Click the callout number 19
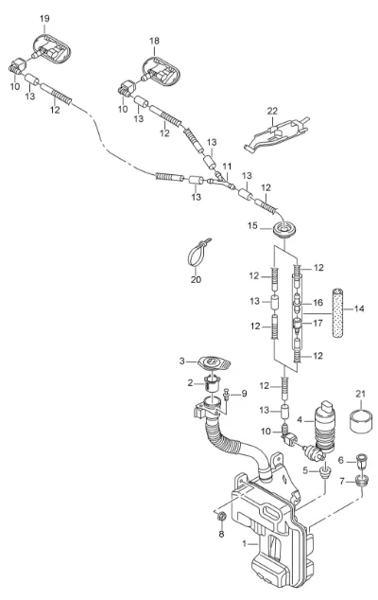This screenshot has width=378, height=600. tap(44, 18)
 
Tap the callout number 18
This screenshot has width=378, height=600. tap(154, 41)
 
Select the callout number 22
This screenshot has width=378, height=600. tap(272, 111)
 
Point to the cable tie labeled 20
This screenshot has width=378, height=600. tap(199, 253)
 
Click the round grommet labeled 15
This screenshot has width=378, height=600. tap(284, 230)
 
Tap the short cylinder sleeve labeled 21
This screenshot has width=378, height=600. tap(361, 422)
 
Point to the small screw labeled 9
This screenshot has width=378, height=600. tap(226, 394)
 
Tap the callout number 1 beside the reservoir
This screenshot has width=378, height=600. tap(245, 542)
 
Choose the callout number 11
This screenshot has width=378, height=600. tap(227, 167)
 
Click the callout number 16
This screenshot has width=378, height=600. tap(318, 303)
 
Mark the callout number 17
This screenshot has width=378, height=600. tap(318, 324)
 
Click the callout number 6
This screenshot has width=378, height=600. tap(341, 460)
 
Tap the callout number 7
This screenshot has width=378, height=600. tap(342, 481)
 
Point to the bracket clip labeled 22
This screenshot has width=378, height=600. tap(276, 134)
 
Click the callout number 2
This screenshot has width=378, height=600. tap(190, 382)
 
